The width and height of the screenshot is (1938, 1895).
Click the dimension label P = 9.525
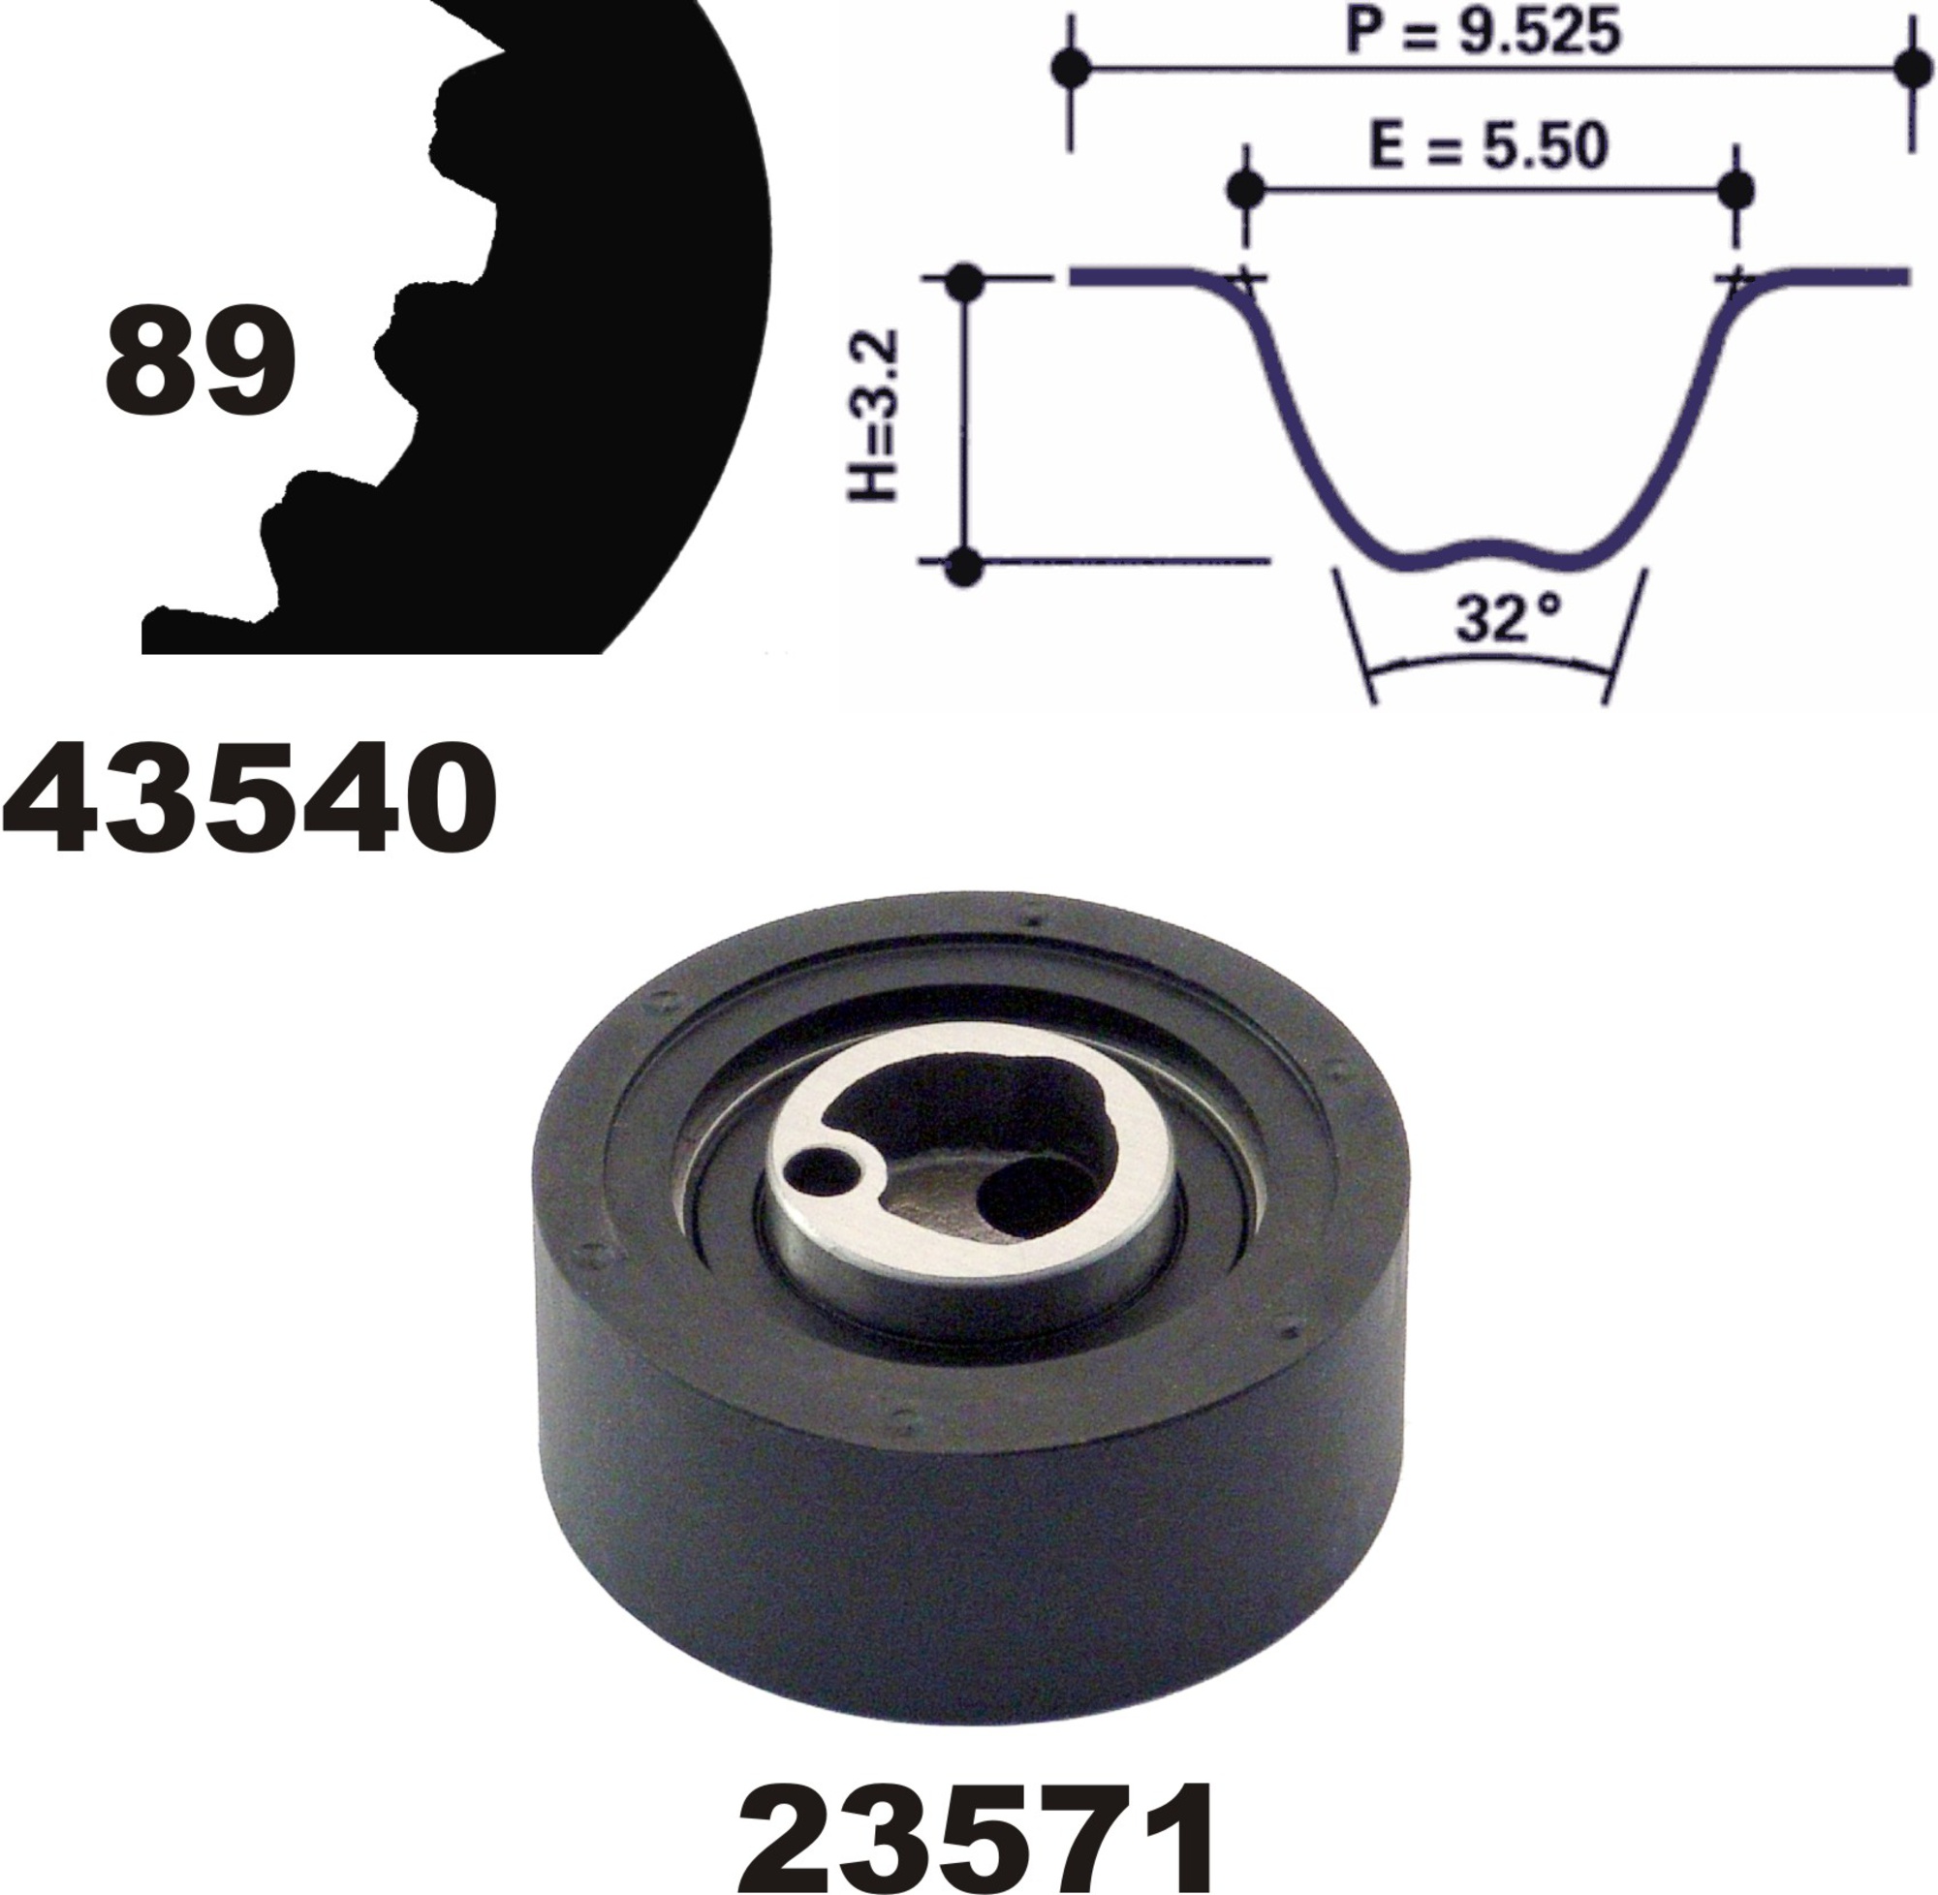(1484, 30)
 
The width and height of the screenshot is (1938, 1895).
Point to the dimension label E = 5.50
(1489, 146)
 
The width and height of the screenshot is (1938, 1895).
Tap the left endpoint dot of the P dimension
(1071, 68)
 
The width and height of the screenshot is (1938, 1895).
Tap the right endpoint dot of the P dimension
(1911, 68)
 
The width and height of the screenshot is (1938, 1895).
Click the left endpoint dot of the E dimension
(1246, 187)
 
